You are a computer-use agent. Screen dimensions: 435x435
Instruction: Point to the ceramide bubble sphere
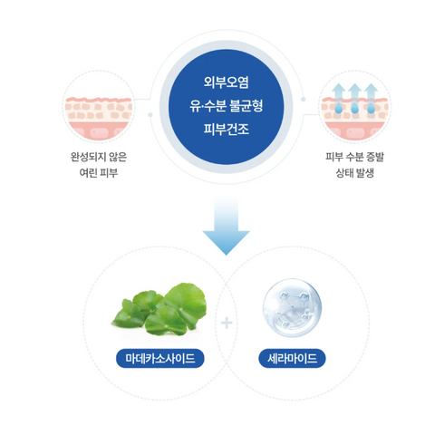[x=292, y=306]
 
